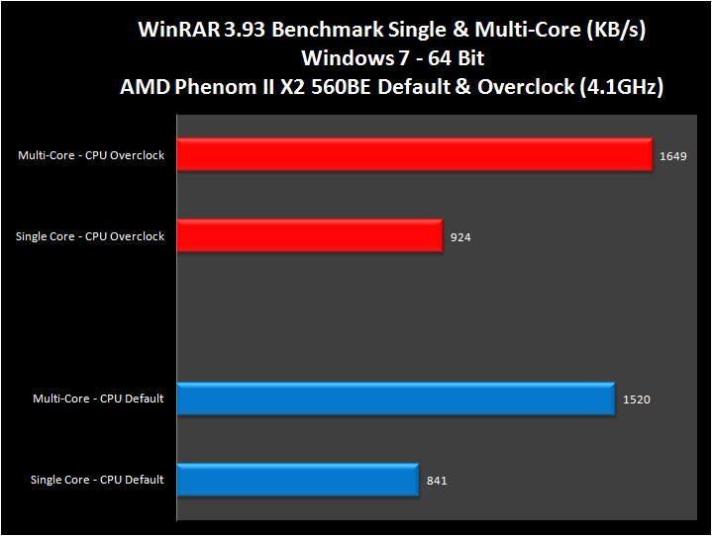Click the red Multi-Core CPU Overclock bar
tap(415, 155)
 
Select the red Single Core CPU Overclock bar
tap(310, 236)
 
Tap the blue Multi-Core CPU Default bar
tap(396, 399)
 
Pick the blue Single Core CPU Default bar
tap(298, 480)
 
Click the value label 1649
tap(672, 156)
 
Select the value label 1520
tap(637, 400)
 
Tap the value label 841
tap(438, 481)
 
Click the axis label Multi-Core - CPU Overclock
tap(91, 155)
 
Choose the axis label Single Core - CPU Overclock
tap(90, 236)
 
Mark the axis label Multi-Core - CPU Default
tap(98, 399)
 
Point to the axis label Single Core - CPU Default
tap(97, 480)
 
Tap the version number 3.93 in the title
tap(243, 31)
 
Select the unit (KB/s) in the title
tap(614, 31)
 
